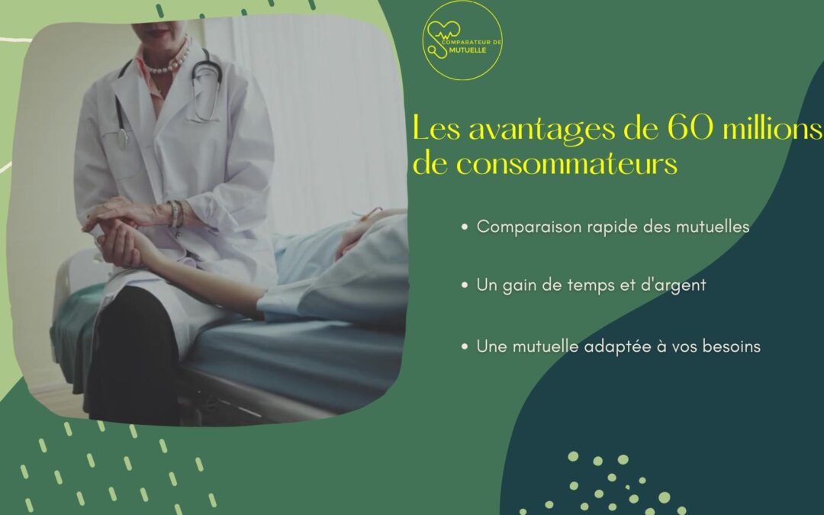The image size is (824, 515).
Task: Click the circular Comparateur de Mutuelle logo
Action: [x=462, y=40]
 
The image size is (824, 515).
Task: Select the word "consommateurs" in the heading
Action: [x=566, y=163]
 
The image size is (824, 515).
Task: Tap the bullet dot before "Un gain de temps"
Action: [x=465, y=285]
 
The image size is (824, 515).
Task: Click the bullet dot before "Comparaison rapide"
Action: [x=465, y=227]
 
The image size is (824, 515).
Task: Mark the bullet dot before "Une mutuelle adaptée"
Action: [x=465, y=347]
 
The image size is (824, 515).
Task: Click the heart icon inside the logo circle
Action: [x=443, y=31]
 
